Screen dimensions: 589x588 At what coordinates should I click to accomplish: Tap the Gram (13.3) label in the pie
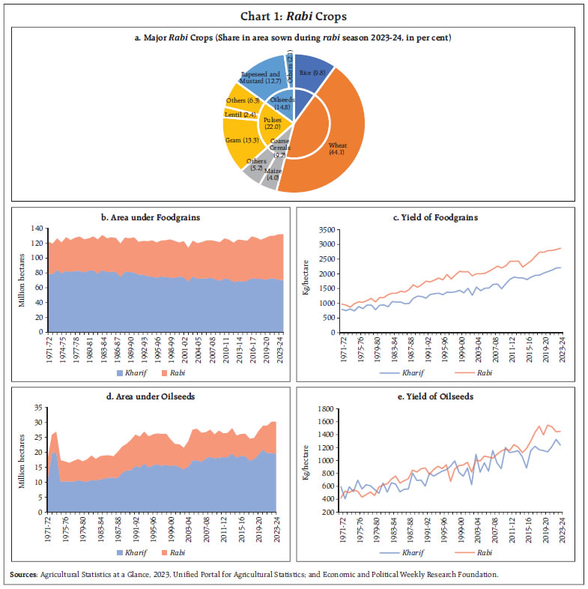pyautogui.click(x=242, y=139)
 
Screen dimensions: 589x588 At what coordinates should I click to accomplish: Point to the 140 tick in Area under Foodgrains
pyautogui.click(x=37, y=228)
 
